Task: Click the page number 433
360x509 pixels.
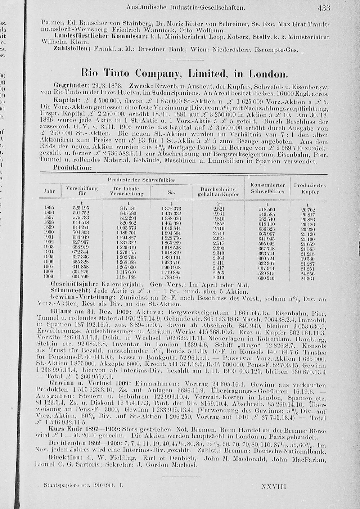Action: point(324,7)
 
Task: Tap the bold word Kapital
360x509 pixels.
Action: point(64,99)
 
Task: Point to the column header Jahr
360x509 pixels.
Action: point(49,192)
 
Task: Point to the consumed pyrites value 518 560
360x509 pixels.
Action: point(267,209)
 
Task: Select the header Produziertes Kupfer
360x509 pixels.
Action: point(310,189)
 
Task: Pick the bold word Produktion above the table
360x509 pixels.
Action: point(72,168)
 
